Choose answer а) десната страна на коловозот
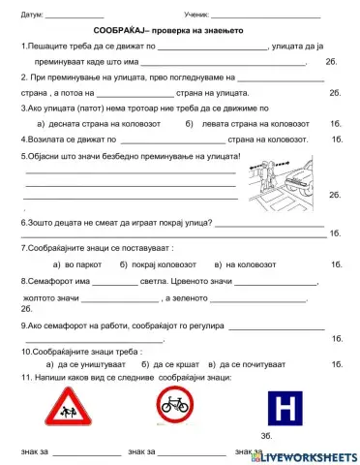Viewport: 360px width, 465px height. click(90, 123)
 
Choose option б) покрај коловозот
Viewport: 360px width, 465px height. click(163, 263)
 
